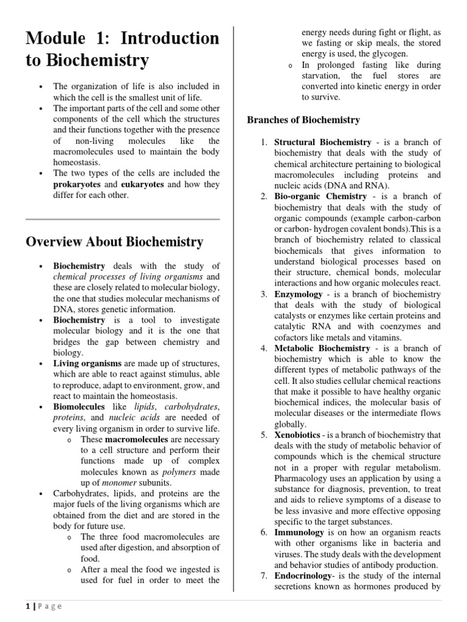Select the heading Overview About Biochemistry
(x=114, y=241)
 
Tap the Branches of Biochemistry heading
(x=303, y=120)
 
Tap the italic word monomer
(x=112, y=482)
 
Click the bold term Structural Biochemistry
(x=322, y=142)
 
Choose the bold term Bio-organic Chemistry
(x=320, y=196)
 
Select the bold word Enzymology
(x=299, y=294)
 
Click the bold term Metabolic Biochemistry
(x=322, y=348)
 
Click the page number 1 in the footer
(x=27, y=606)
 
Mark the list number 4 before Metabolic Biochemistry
(x=263, y=348)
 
